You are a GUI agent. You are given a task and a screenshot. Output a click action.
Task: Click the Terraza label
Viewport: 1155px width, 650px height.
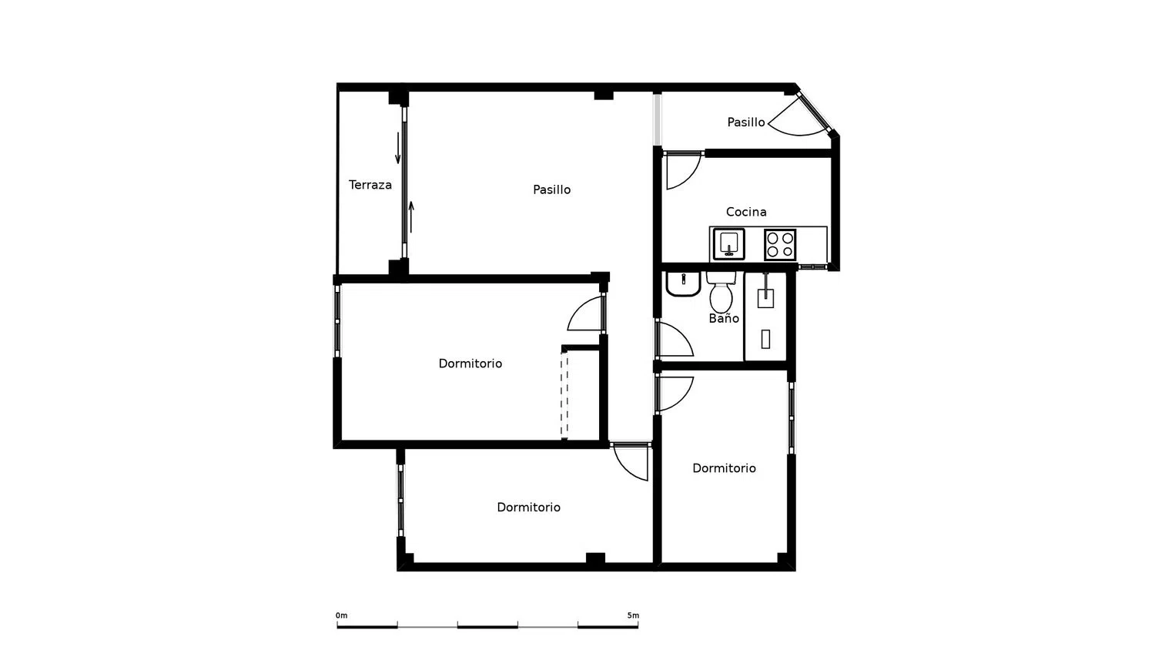pos(370,185)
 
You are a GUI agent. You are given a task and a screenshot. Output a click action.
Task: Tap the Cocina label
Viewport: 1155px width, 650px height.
pos(746,212)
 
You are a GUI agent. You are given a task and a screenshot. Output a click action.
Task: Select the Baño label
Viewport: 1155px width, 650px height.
pos(724,318)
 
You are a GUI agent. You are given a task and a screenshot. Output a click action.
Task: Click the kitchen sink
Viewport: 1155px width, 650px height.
pos(728,245)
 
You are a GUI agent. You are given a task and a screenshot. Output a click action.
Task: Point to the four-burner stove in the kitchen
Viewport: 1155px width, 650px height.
pos(780,245)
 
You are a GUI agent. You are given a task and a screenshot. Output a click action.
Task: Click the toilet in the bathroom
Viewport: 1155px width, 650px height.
pos(721,292)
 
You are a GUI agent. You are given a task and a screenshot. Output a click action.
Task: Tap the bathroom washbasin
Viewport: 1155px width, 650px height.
pos(683,284)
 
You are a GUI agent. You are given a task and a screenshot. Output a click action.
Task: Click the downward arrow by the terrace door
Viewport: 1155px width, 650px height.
pos(398,148)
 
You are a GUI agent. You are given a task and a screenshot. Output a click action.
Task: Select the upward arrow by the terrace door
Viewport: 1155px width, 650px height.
pos(411,216)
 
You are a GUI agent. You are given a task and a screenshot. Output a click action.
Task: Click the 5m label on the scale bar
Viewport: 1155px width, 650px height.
pos(633,615)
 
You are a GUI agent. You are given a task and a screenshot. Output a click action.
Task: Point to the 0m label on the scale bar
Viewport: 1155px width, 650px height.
pos(341,615)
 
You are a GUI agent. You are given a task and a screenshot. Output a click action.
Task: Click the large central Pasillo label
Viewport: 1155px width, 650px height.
pos(552,190)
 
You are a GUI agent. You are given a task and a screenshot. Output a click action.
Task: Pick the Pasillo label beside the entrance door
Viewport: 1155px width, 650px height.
pos(746,122)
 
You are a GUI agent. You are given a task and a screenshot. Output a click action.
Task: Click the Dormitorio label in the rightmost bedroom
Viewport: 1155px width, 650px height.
pos(724,468)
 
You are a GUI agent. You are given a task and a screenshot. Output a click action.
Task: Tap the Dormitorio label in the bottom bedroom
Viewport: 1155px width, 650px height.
pos(528,507)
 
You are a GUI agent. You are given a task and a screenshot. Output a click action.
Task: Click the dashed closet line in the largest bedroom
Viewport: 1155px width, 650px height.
pos(564,394)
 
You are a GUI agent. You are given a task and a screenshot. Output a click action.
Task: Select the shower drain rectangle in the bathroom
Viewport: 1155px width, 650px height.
pos(765,339)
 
